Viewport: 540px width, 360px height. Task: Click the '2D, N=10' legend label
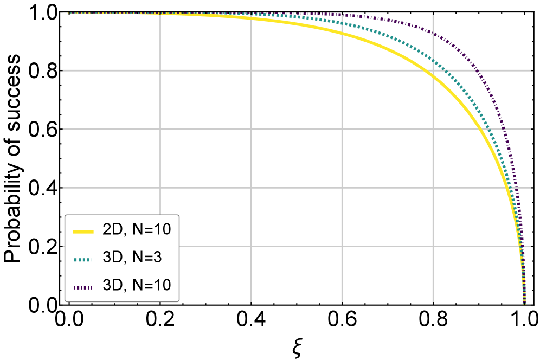pos(137,230)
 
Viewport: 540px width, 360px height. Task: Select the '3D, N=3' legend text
pos(132,258)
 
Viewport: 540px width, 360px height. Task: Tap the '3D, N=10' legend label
pos(137,284)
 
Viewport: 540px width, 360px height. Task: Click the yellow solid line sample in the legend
pos(83,231)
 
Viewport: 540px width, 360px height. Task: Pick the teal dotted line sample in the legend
pos(83,259)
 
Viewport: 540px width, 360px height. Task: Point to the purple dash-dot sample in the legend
pos(83,286)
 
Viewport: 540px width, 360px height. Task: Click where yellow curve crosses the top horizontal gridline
pos(426,70)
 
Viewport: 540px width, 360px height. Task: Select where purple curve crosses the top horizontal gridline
pos(475,70)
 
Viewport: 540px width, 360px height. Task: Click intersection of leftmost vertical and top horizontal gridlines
pos(160,70)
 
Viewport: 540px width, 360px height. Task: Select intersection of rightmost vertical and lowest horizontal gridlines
pos(433,246)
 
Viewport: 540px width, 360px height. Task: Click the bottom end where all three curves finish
pos(524,301)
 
